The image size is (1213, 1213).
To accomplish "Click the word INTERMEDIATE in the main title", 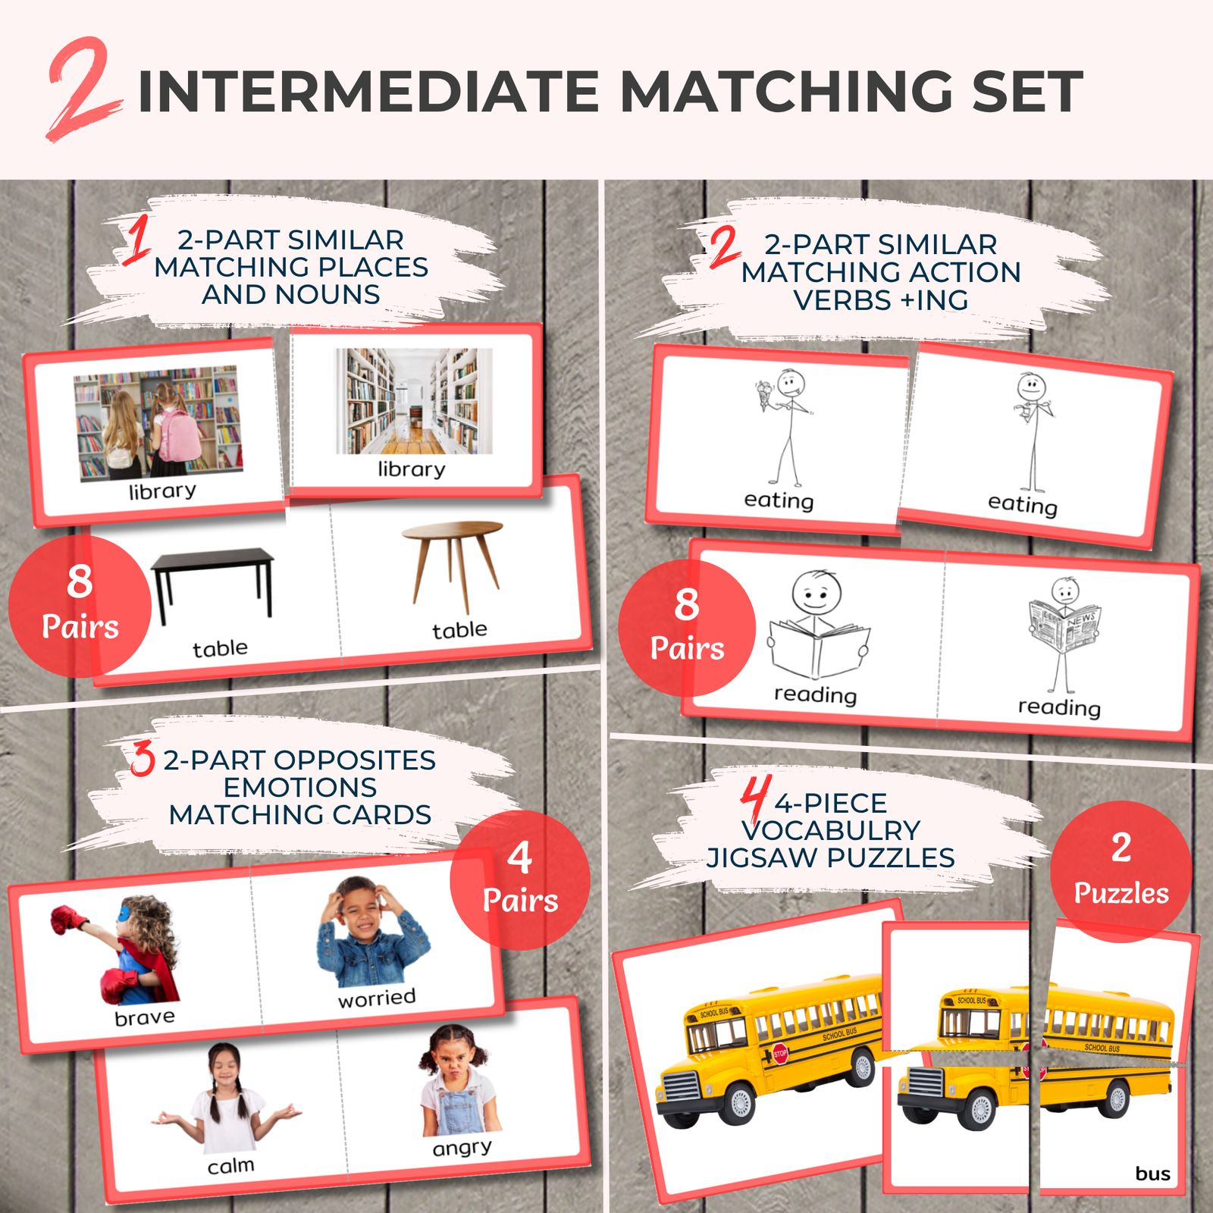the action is click(x=368, y=92).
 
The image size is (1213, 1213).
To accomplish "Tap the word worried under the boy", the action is click(x=377, y=998).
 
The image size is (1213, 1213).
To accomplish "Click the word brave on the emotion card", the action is click(x=144, y=1017).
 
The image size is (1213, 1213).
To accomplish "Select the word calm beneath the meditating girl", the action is click(x=230, y=1165).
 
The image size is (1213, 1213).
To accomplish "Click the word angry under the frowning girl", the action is click(x=462, y=1148).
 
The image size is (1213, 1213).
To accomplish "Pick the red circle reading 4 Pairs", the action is click(x=520, y=880).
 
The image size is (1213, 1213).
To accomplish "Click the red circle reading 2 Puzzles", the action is click(x=1121, y=872).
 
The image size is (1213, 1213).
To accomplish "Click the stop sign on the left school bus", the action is click(x=780, y=1053).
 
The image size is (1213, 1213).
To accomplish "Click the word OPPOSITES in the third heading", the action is click(x=353, y=760).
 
